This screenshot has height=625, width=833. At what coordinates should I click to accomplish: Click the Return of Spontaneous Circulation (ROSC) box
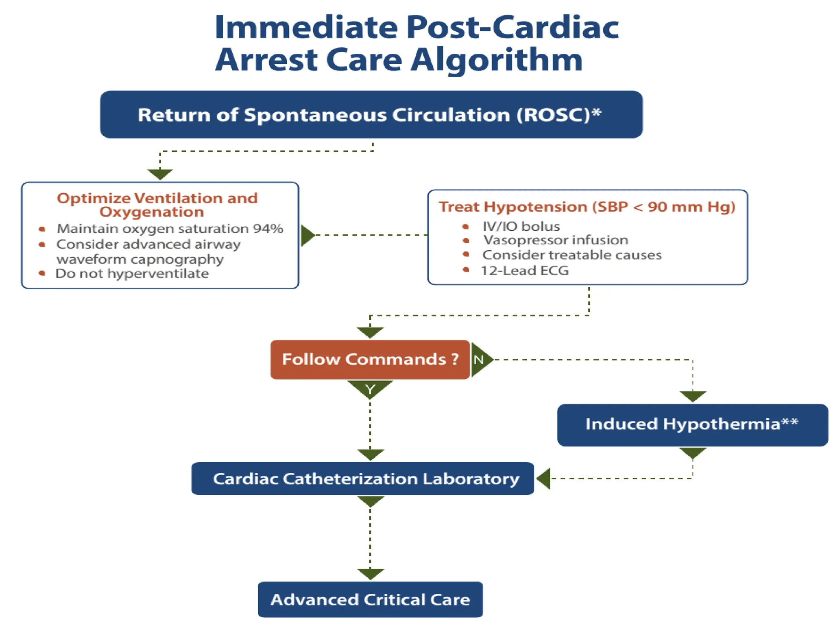pos(371,115)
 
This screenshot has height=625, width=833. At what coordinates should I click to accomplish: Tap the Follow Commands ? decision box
pos(370,360)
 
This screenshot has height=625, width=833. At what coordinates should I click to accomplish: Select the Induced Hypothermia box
pos(692,425)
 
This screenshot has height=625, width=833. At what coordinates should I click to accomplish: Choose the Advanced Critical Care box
pos(370,600)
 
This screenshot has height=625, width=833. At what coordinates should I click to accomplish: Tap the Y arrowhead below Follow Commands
pos(370,389)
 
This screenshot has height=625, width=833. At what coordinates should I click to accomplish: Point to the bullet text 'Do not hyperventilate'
pos(132,273)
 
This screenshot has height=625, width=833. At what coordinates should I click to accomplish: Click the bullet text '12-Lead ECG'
pos(525,271)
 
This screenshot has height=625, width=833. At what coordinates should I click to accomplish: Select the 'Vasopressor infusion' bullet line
pos(556,240)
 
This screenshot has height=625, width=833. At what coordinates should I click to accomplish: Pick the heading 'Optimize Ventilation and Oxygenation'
pos(157,205)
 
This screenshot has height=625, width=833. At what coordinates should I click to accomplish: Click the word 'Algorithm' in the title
pos(496,60)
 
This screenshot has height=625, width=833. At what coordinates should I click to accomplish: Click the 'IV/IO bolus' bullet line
pos(521,226)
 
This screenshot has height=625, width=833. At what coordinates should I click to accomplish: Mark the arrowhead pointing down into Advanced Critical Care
pos(370,574)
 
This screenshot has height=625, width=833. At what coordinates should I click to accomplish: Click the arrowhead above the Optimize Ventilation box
pos(160,174)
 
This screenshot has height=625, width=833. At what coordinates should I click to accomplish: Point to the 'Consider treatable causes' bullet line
pos(572,255)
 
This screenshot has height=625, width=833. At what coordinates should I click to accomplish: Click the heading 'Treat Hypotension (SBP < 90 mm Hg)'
pos(587,207)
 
